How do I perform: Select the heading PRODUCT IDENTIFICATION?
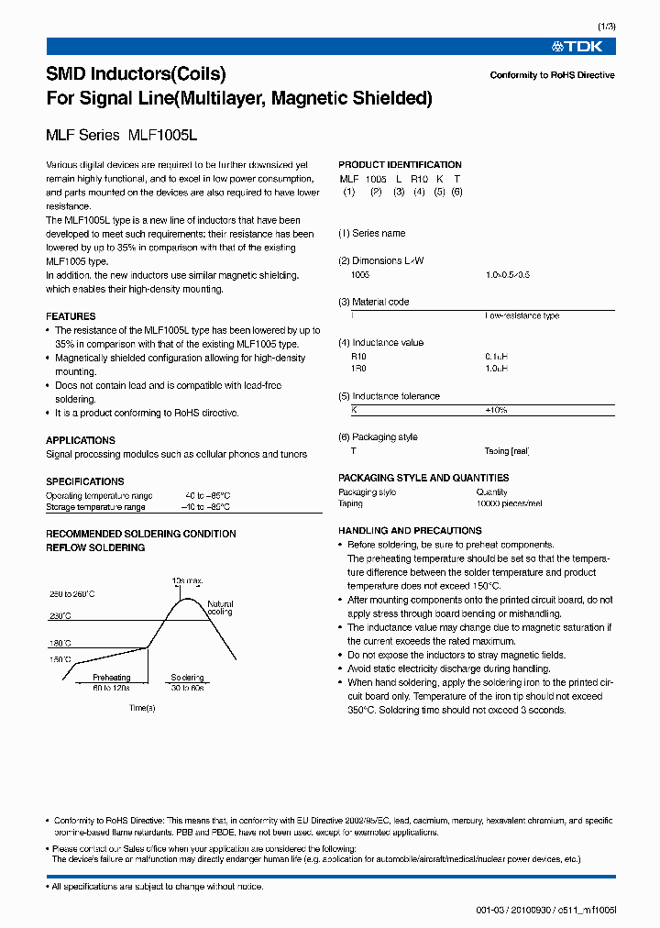point(400,165)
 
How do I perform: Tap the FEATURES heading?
point(71,316)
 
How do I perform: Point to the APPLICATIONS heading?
point(81,440)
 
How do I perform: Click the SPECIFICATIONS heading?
point(85,481)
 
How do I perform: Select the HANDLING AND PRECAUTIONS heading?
point(410,531)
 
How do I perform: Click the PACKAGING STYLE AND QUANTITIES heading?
point(423,478)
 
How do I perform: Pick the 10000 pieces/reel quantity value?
point(509,503)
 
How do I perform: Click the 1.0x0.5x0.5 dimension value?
point(508,274)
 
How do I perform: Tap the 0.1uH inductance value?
point(496,356)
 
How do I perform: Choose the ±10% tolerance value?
point(496,410)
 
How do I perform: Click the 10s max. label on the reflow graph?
point(186,581)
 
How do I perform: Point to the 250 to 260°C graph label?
point(72,595)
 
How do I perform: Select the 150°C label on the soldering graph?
point(60,659)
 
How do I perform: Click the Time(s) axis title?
point(142,708)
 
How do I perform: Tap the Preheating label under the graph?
point(111,678)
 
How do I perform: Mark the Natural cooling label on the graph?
point(220,608)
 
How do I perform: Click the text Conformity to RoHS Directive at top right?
point(552,75)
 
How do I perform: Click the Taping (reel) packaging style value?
point(507,451)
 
